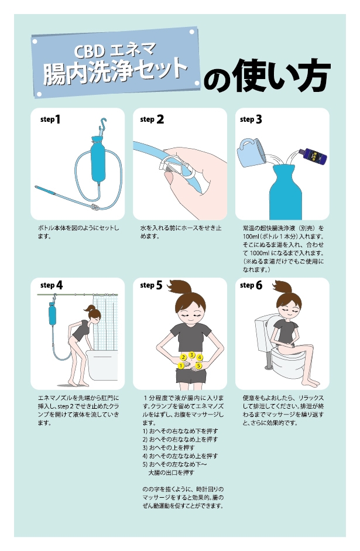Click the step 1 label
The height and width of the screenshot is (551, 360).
coord(50,119)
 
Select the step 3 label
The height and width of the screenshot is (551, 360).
coord(251,119)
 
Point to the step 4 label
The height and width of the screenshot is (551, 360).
coord(52,285)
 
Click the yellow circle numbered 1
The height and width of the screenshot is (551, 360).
coord(181,365)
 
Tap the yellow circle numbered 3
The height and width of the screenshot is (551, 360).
coord(191,355)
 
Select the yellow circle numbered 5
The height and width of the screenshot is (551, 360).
coord(199,365)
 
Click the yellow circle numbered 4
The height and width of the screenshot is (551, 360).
coord(200,357)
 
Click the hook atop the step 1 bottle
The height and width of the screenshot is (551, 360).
coord(103,124)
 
